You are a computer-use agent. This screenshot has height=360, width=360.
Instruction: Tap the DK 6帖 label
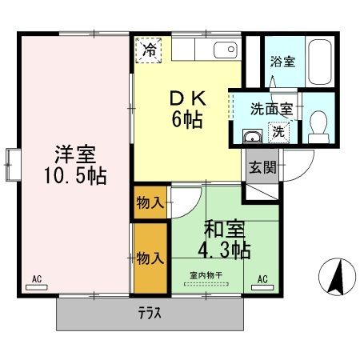coord(186,110)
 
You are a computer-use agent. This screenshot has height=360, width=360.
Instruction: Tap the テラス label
coord(150,314)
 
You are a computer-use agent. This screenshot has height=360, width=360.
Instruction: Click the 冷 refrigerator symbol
coord(150,50)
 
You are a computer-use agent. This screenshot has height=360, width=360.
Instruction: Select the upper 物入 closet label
coord(150,202)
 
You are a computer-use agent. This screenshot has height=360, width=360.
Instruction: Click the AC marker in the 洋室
coord(37,281)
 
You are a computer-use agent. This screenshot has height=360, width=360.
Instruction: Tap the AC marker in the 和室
coord(262,281)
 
